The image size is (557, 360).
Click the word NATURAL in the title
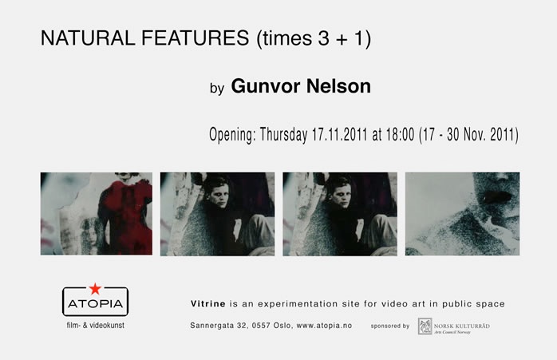(88, 38)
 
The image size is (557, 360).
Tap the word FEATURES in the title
(196, 38)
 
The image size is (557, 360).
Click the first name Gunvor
(266, 86)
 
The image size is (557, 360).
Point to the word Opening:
(232, 135)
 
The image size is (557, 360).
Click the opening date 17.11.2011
(340, 134)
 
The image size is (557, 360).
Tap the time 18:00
(400, 134)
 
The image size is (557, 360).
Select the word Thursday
(284, 135)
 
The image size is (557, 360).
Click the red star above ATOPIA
(95, 289)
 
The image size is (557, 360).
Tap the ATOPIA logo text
(95, 304)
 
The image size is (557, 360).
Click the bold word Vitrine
(208, 304)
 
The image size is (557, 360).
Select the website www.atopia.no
(324, 326)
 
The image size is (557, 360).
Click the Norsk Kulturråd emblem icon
(425, 326)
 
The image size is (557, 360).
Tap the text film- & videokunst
(96, 325)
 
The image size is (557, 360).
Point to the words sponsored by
(390, 326)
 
